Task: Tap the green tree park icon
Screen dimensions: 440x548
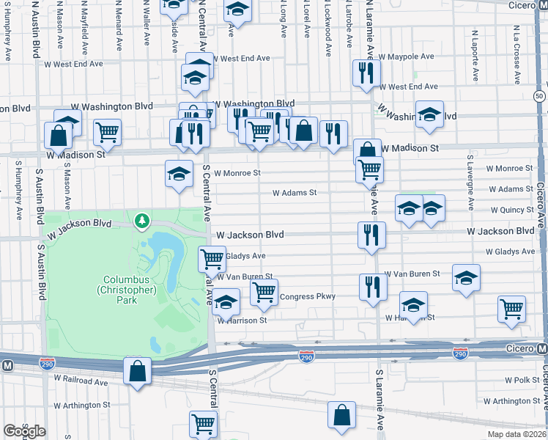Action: (x=140, y=219)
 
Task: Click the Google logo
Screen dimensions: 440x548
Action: (x=24, y=430)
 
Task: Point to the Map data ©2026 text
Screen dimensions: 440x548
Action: (x=516, y=434)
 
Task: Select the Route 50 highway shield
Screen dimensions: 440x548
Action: (x=539, y=96)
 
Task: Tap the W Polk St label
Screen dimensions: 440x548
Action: (x=522, y=381)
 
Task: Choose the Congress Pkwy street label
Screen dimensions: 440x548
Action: (x=307, y=296)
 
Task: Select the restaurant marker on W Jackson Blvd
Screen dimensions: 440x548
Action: (x=372, y=235)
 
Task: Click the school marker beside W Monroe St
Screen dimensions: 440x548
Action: (x=179, y=174)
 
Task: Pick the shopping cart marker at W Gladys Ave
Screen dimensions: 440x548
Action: (x=212, y=257)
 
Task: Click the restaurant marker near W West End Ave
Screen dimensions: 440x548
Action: (x=364, y=73)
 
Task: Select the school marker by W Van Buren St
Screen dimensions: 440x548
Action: (x=465, y=277)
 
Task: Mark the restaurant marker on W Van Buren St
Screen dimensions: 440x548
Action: (x=372, y=285)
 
